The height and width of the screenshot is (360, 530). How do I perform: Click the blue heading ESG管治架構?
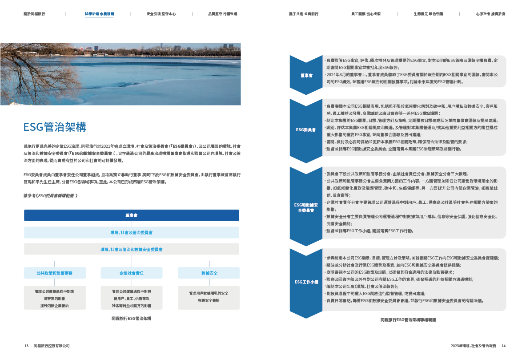click(55, 127)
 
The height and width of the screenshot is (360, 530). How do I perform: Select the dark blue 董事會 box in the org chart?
click(131, 215)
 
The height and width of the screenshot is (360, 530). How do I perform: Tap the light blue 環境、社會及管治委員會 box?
click(131, 232)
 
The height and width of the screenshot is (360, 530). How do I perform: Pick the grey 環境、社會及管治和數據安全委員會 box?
click(131, 249)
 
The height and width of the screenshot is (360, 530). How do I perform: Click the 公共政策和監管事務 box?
click(54, 273)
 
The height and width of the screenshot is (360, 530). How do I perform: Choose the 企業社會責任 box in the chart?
click(131, 273)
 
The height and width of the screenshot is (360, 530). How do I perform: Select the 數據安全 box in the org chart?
click(209, 273)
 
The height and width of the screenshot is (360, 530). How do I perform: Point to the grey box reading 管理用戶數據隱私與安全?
click(209, 297)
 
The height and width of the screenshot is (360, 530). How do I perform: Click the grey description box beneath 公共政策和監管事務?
click(54, 298)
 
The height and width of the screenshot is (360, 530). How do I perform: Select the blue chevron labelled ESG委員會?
click(306, 130)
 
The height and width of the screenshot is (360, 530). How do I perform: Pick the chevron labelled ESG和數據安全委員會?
click(306, 207)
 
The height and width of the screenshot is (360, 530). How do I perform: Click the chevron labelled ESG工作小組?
click(306, 282)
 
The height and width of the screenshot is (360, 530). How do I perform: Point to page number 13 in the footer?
click(27, 346)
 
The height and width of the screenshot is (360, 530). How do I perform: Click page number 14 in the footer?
click(503, 346)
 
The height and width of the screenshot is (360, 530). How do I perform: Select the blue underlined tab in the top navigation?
click(99, 14)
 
